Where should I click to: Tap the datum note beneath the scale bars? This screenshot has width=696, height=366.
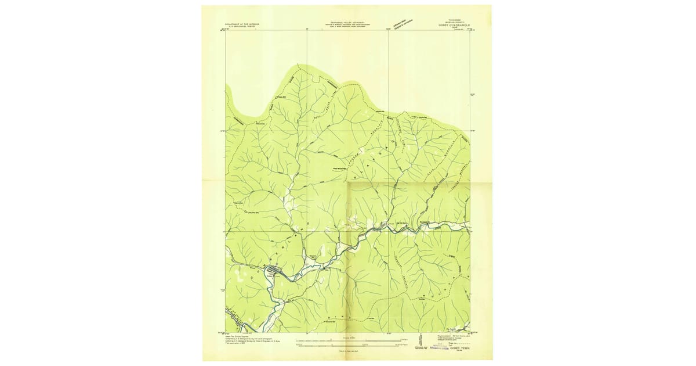point(347,351)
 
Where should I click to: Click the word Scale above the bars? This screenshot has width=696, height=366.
point(347,335)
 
